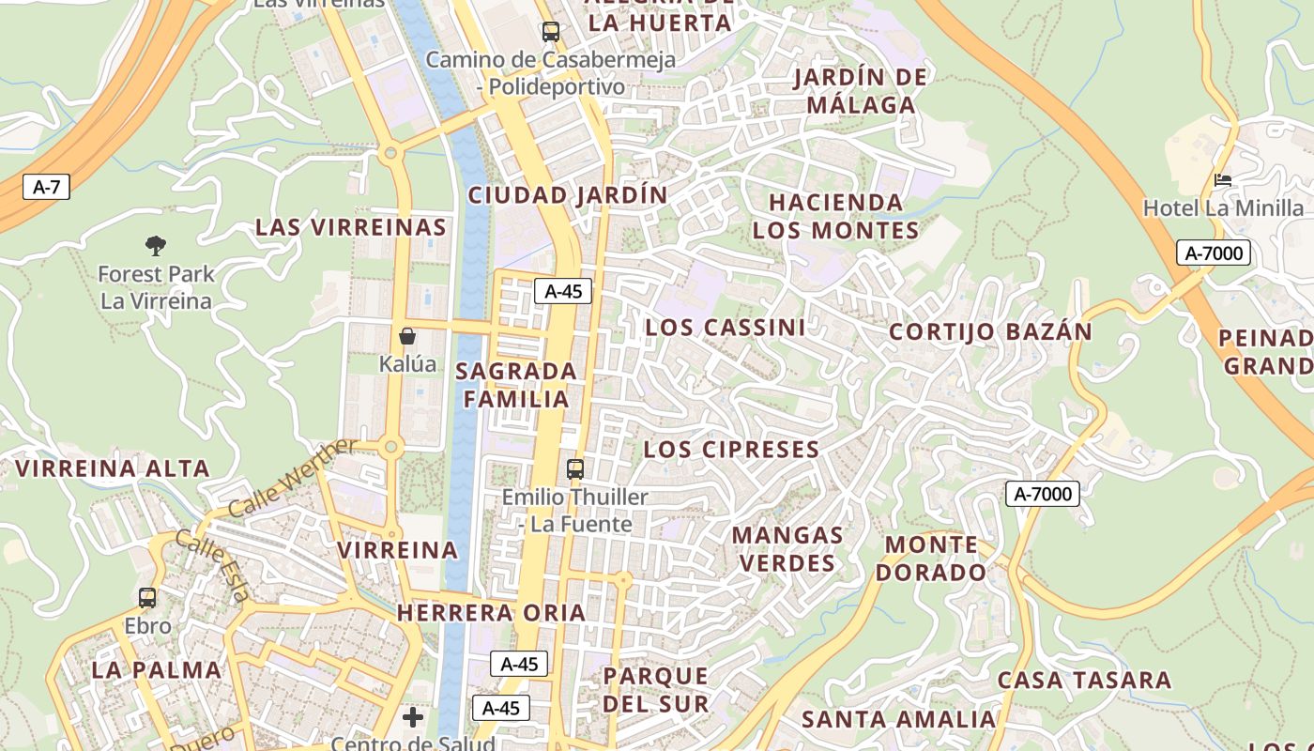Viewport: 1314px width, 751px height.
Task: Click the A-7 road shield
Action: (46, 187)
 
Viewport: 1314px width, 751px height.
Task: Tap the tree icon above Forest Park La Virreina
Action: (156, 246)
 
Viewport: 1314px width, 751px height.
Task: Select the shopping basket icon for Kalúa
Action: (407, 335)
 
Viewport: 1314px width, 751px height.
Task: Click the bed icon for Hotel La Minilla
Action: (1223, 179)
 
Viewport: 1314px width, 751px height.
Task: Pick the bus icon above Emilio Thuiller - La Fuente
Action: (574, 468)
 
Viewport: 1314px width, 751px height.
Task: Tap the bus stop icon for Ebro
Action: (147, 598)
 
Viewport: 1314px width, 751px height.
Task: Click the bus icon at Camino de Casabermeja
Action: (551, 32)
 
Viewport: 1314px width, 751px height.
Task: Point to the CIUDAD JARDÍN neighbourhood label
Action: (568, 195)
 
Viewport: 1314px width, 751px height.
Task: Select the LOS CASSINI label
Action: (725, 328)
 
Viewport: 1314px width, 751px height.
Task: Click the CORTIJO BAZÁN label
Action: (990, 331)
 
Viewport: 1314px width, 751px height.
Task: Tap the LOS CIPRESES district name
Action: (731, 450)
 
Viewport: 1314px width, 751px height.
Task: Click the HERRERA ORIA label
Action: (491, 613)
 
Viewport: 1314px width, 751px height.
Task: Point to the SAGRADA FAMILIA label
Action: (516, 385)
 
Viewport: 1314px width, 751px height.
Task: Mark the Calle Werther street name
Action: (292, 479)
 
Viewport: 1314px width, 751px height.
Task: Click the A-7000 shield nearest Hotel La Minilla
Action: (1213, 253)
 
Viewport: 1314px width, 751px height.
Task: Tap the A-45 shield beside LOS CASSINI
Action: (563, 291)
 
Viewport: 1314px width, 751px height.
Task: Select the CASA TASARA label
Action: (1084, 680)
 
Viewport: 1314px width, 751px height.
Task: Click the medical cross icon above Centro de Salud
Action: (413, 718)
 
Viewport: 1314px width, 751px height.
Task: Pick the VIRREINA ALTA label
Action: (112, 468)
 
